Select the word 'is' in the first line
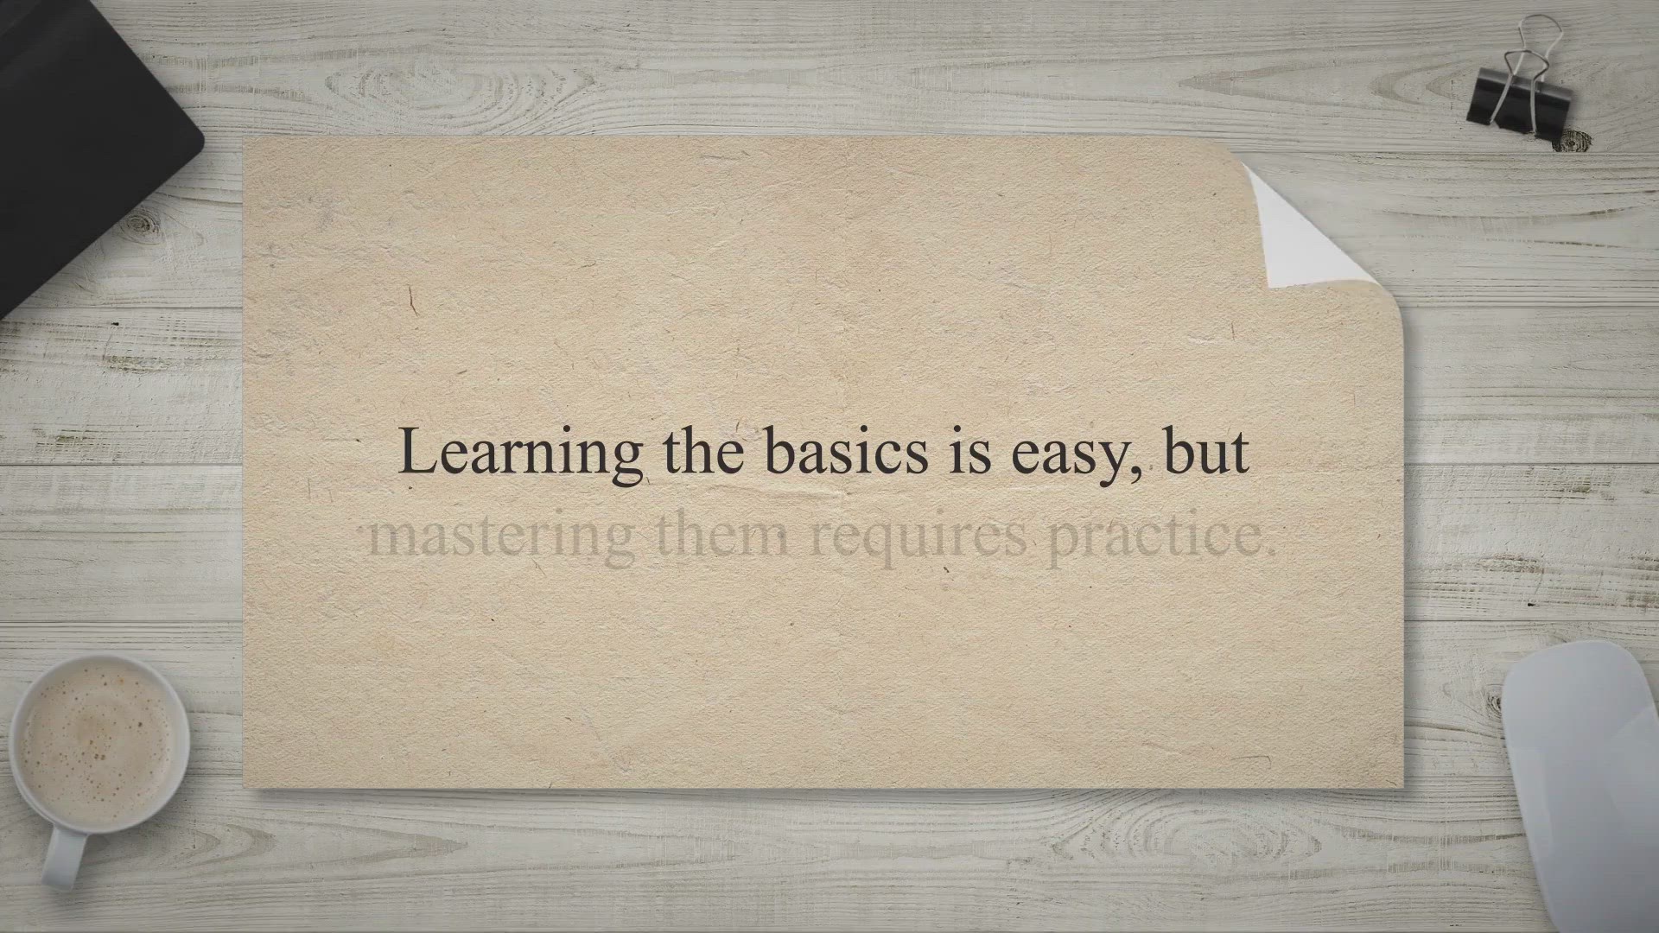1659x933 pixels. pos(970,453)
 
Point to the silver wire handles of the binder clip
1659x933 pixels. pos(1529,52)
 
